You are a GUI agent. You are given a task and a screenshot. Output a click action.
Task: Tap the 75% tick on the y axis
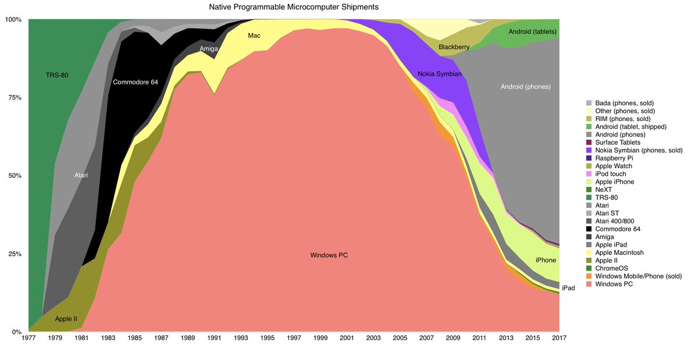pos(13,98)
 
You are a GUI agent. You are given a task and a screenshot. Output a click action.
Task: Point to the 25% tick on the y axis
pos(13,254)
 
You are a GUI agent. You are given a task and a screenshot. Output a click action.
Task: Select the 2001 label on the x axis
pos(347,338)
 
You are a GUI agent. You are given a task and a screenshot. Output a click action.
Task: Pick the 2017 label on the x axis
pos(559,338)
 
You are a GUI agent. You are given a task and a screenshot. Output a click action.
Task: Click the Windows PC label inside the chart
pos(329,255)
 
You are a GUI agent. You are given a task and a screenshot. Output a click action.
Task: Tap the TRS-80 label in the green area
pos(58,75)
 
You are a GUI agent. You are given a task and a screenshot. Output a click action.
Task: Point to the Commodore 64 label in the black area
pos(135,82)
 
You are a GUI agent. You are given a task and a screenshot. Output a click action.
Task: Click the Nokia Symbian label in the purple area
pos(439,74)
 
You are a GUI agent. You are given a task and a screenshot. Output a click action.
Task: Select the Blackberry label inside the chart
pos(454,47)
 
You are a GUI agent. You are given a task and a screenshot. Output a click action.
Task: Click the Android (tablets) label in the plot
pos(532,31)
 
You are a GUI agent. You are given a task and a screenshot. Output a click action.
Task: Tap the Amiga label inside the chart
pos(209,49)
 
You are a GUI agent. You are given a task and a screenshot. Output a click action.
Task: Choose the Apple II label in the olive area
pos(66,319)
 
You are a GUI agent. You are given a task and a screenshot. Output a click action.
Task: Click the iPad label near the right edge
pos(568,288)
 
